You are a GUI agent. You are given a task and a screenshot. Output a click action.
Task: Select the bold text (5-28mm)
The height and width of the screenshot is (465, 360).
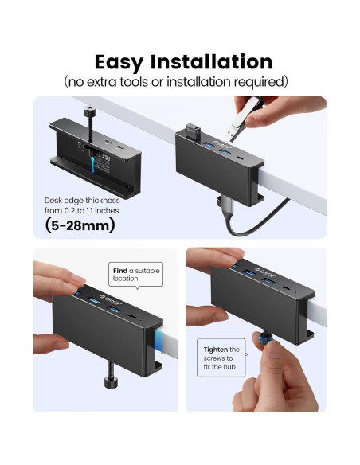80,225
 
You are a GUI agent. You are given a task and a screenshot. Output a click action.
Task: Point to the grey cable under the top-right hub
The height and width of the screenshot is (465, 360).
231,213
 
